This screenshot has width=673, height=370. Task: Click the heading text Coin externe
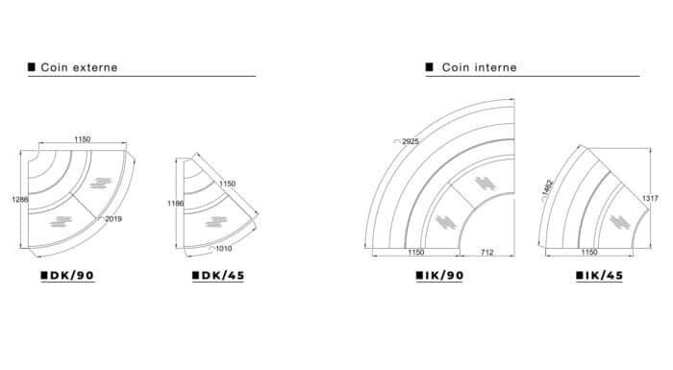click(79, 67)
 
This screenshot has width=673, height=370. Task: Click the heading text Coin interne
click(480, 67)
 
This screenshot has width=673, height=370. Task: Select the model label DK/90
click(72, 276)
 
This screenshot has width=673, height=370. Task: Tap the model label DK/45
click(223, 276)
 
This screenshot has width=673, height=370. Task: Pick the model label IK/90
click(444, 276)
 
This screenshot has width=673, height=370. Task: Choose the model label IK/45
click(605, 276)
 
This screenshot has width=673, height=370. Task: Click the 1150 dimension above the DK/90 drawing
click(83, 139)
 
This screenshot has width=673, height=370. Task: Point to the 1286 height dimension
click(20, 199)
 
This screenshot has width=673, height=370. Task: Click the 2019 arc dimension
click(113, 219)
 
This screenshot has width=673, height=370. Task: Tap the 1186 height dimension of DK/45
click(175, 204)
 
